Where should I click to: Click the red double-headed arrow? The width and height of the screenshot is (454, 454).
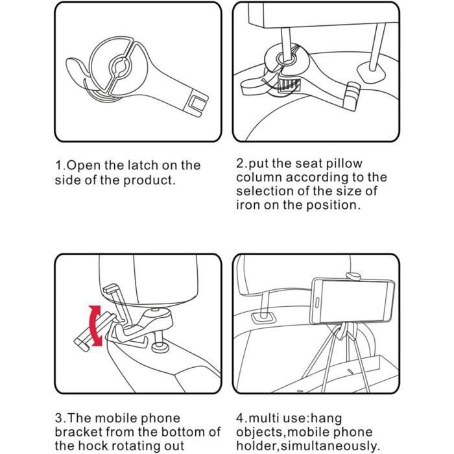point(95,326)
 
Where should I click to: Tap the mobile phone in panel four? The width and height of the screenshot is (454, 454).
point(352,301)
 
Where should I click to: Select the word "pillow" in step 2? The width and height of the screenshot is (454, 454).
point(344,163)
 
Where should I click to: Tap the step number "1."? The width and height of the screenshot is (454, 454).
point(60,165)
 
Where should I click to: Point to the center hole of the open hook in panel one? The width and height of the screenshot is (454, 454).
point(119,67)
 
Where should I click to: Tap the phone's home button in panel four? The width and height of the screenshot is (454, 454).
point(317,303)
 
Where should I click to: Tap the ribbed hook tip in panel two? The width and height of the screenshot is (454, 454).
point(352,95)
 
